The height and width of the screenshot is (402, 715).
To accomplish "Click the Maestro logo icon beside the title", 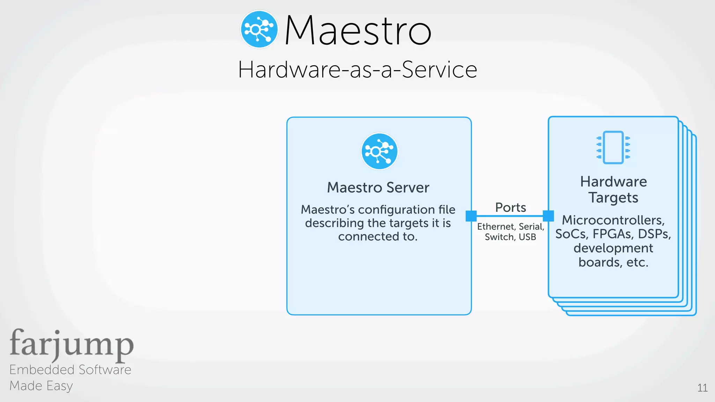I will tap(259, 29).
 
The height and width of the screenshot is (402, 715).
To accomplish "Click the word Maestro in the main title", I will tap(358, 31).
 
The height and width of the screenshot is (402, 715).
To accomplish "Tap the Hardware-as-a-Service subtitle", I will tap(357, 69).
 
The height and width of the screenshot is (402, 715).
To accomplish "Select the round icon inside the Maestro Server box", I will tap(379, 151).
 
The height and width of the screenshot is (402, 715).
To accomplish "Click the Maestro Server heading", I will tap(378, 187).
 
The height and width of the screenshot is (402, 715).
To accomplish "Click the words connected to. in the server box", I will tap(378, 237).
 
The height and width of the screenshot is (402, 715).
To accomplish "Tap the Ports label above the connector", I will tap(510, 208).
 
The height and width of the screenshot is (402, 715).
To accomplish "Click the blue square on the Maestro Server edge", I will tap(471, 216).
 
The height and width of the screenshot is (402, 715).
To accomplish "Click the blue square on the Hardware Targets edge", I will tap(548, 216).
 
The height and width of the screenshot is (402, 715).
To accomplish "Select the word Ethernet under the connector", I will tap(495, 227).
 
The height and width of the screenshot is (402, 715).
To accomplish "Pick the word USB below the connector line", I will tap(527, 237).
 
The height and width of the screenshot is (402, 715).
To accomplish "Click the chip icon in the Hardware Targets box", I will tap(613, 147).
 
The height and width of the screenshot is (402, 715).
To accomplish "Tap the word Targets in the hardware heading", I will tap(613, 198).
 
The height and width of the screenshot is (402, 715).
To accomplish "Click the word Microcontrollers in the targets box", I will tap(613, 220).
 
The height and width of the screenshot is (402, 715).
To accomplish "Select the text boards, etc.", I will tap(613, 262).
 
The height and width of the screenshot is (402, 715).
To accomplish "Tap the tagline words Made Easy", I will tap(41, 386).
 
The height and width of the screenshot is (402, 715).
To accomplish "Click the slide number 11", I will tap(702, 388).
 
